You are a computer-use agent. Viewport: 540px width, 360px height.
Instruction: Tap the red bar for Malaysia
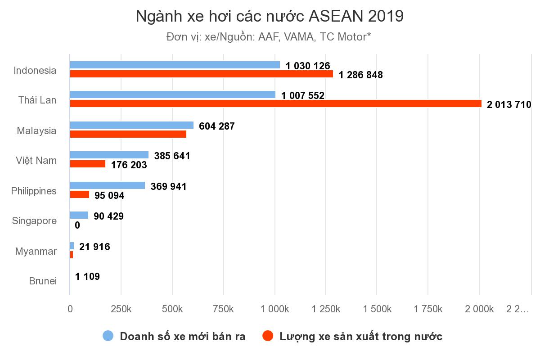pyautogui.click(x=128, y=134)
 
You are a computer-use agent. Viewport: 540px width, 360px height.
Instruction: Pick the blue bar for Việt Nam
pyautogui.click(x=109, y=155)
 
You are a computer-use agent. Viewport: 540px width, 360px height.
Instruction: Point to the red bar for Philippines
pyautogui.click(x=79, y=194)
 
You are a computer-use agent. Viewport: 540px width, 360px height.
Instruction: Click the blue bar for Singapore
pyautogui.click(x=79, y=215)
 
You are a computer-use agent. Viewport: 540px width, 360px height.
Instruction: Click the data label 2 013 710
pyautogui.click(x=509, y=105)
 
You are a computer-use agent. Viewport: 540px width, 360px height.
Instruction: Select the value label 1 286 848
pyautogui.click(x=361, y=75)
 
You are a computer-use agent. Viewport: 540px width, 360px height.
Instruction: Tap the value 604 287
pyautogui.click(x=217, y=126)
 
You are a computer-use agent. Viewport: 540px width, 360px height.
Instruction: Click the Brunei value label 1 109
pyautogui.click(x=87, y=276)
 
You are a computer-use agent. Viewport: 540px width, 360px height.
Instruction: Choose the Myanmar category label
pyautogui.click(x=36, y=251)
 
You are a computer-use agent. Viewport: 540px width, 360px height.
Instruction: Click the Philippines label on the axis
pyautogui.click(x=34, y=191)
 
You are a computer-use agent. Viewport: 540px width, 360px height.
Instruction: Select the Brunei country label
pyautogui.click(x=43, y=281)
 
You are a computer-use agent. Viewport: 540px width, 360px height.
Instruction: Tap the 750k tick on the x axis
pyautogui.click(x=224, y=309)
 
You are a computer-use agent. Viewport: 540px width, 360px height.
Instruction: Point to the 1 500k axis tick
pyautogui.click(x=377, y=309)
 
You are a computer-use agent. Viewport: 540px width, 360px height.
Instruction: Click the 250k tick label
pyautogui.click(x=121, y=309)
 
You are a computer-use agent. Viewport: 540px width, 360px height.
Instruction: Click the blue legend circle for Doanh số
pyautogui.click(x=108, y=336)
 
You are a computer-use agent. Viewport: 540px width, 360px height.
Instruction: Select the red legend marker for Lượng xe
pyautogui.click(x=268, y=336)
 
